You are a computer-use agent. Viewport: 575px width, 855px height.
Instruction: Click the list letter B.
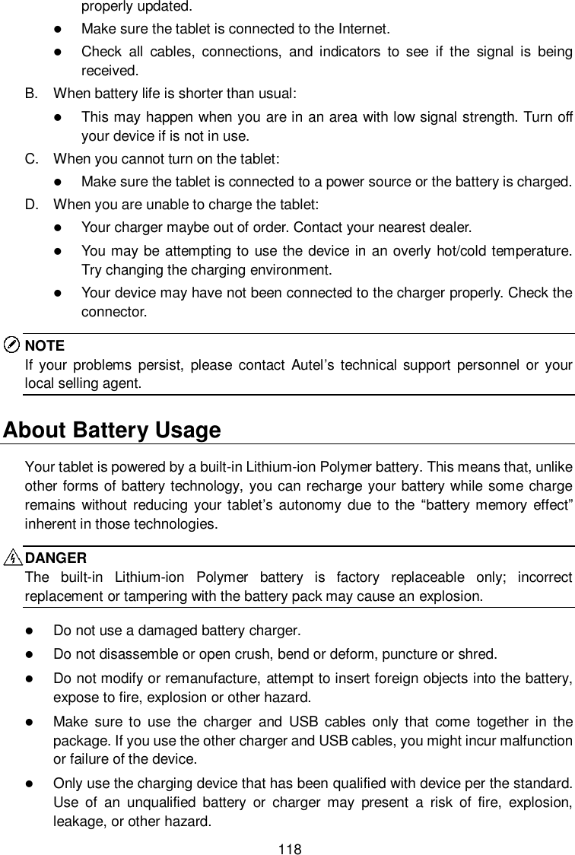tap(30, 94)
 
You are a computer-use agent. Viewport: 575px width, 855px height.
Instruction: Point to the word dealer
tap(452, 227)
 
